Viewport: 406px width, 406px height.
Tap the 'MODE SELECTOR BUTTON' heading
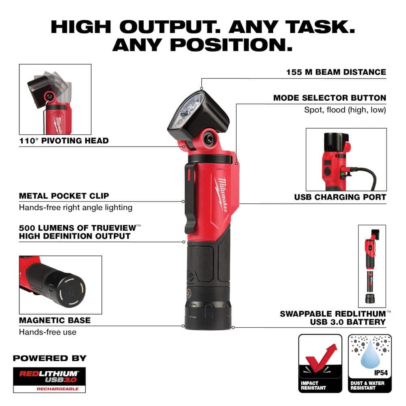point(329,98)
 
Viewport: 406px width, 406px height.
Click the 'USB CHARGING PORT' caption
point(340,197)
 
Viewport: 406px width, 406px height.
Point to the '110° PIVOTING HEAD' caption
point(64,141)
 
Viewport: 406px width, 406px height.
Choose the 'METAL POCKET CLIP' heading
point(64,196)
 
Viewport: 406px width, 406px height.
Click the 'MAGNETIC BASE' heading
point(55,320)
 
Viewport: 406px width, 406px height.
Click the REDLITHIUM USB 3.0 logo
point(50,377)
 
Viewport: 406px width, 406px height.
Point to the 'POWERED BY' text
point(50,358)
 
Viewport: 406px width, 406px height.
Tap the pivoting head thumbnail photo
point(55,99)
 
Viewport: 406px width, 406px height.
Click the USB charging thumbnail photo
point(346,160)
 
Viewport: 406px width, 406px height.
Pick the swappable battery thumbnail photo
point(371,266)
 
